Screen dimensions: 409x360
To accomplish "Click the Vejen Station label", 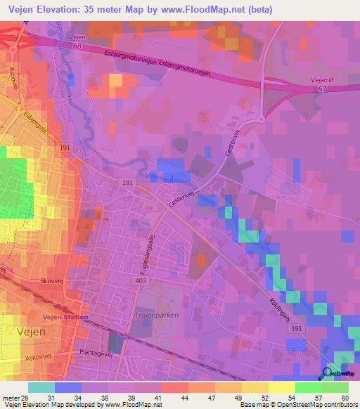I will pos(65,317).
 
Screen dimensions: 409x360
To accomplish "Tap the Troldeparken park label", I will pos(156,316).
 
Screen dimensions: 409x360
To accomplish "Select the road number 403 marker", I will pos(142,280).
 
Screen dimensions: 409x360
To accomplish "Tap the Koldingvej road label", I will pos(278,293).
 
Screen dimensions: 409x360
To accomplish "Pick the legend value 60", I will pos(344,398).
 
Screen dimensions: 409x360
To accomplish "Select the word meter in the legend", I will pos(10,398).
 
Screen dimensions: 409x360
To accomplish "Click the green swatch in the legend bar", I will pos(309,387).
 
